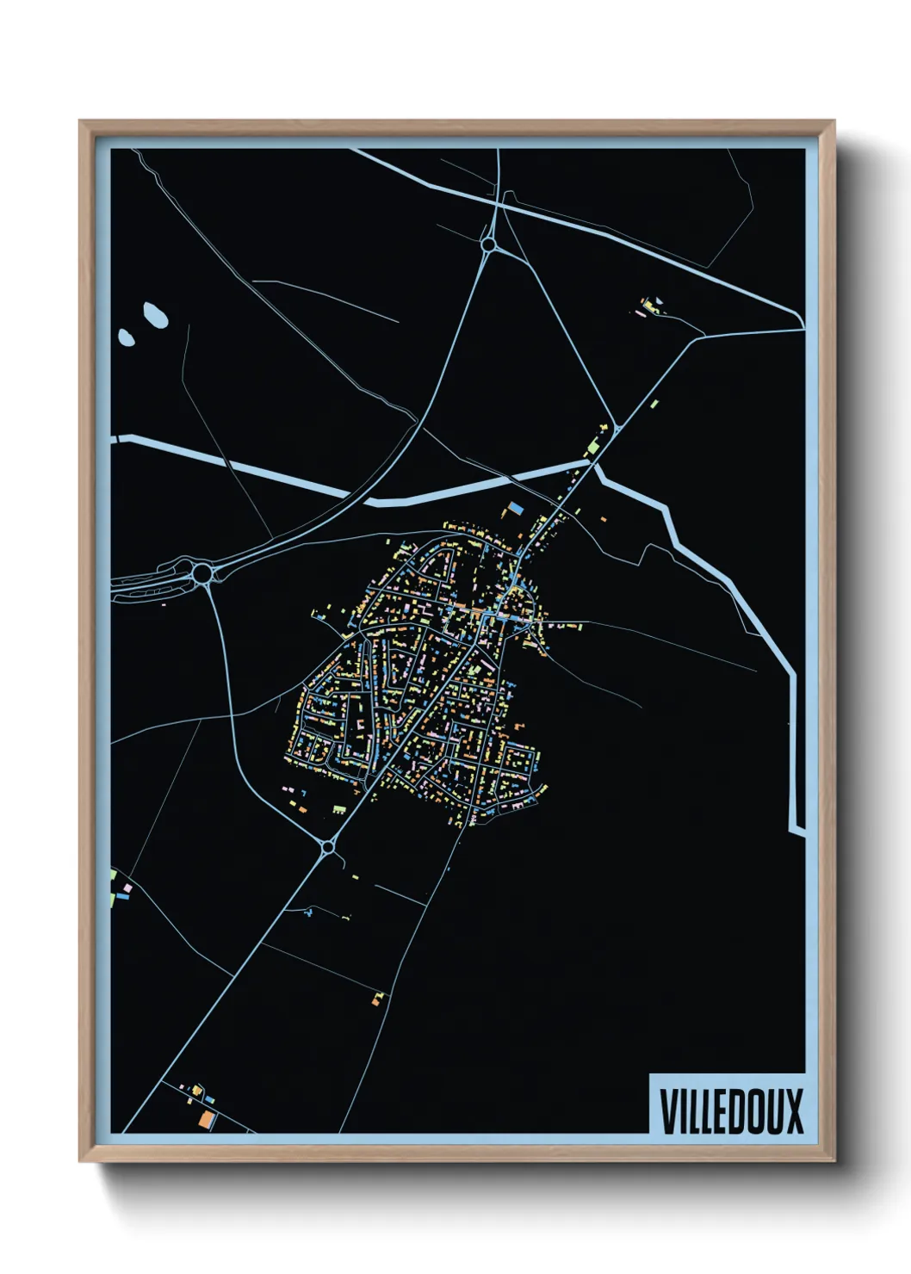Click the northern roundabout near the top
coord(488,246)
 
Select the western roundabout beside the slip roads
coord(203,572)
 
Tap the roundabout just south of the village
coord(328,848)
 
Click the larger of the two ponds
coord(156,315)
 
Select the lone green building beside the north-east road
coord(654,403)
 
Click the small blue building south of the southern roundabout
coord(307,913)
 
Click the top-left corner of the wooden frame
coord(80,121)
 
